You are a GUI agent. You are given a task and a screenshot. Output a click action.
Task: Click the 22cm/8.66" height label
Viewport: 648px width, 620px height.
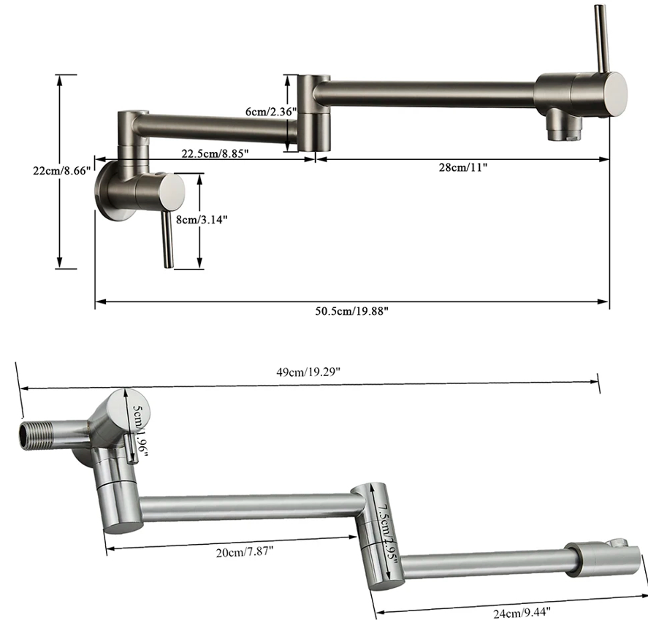(61, 171)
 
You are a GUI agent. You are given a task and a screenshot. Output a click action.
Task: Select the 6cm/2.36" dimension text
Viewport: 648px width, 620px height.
(271, 111)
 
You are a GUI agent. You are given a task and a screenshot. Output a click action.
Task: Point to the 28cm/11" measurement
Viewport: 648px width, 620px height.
(462, 167)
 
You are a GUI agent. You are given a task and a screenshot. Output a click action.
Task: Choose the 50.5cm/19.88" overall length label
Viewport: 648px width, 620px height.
(351, 311)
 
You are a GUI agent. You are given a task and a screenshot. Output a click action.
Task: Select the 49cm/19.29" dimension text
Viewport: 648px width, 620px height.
(308, 372)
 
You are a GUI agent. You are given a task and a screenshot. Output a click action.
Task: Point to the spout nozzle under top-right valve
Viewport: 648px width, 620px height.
(563, 125)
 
